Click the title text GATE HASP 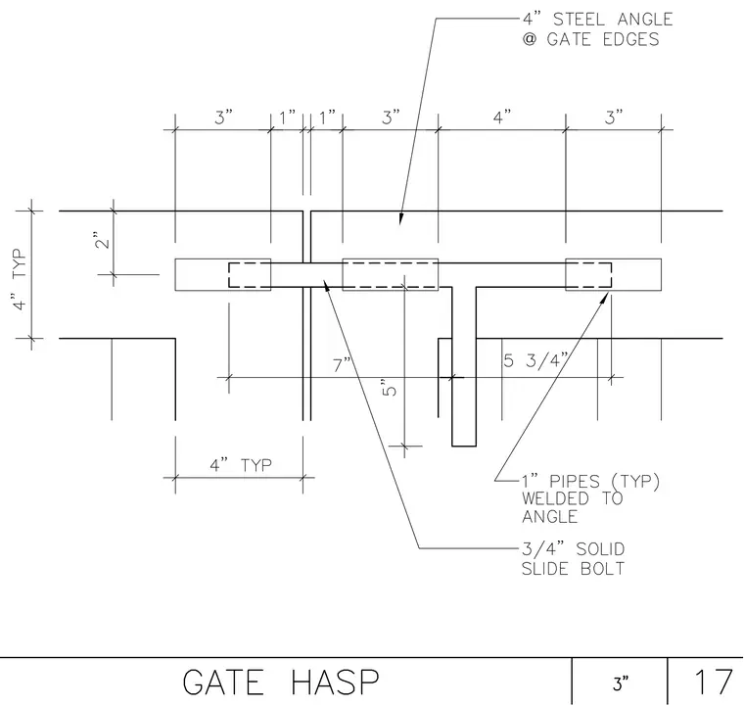pyautogui.click(x=281, y=682)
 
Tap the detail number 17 pyautogui.click(x=713, y=682)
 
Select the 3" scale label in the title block pyautogui.click(x=620, y=683)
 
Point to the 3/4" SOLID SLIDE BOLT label pyautogui.click(x=574, y=558)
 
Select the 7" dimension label pyautogui.click(x=342, y=365)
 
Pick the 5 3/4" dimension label pyautogui.click(x=535, y=360)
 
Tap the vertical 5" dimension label pyautogui.click(x=389, y=388)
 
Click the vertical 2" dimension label pyautogui.click(x=103, y=241)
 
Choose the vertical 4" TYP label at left pyautogui.click(x=20, y=279)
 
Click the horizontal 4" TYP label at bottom pyautogui.click(x=241, y=465)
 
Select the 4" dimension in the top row pyautogui.click(x=502, y=117)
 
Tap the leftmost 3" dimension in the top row pyautogui.click(x=223, y=117)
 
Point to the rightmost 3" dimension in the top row pyautogui.click(x=614, y=117)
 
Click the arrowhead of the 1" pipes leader pyautogui.click(x=608, y=294)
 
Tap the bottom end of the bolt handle pyautogui.click(x=464, y=446)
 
